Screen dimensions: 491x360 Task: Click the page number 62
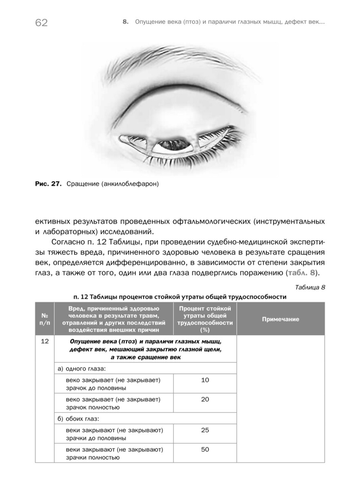pos(41,23)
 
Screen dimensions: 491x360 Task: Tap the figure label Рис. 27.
pos(47,184)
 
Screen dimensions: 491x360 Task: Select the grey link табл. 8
pos(302,273)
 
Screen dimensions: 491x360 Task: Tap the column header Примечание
pos(280,319)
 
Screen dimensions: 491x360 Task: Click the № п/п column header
pos(45,319)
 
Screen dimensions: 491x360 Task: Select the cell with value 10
pos(205,380)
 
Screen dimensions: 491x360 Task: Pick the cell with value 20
pos(205,399)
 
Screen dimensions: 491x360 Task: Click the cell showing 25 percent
pos(205,430)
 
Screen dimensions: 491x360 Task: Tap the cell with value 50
pos(205,449)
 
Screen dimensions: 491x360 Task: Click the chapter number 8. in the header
pos(126,23)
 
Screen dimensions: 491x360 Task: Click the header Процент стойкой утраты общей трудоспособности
pos(205,319)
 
